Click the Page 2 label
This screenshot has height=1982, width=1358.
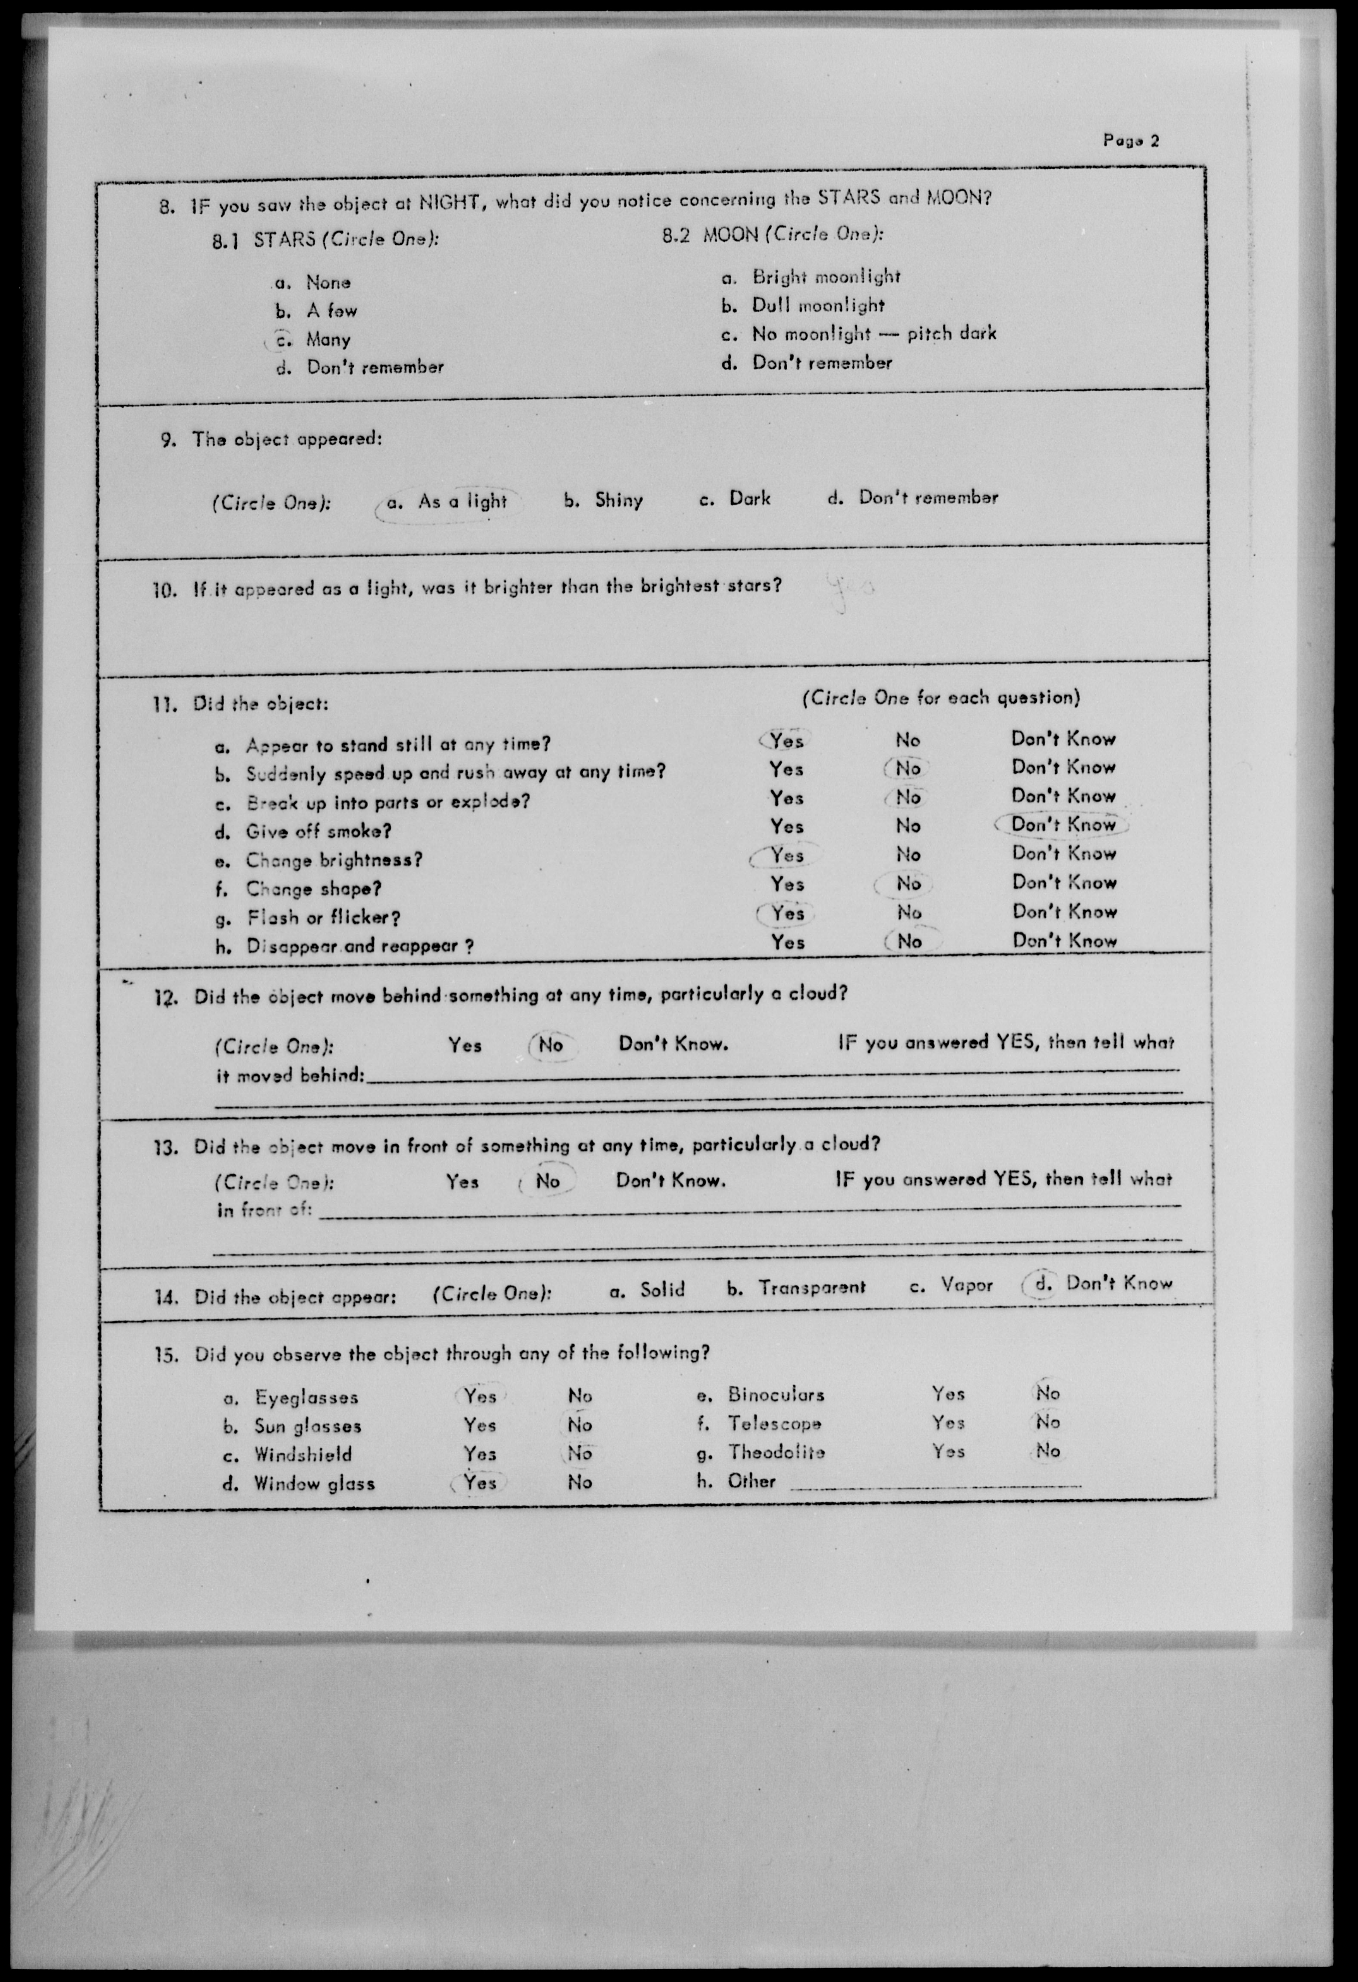pyautogui.click(x=1130, y=141)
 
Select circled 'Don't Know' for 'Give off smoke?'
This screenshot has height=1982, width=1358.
pyautogui.click(x=1062, y=825)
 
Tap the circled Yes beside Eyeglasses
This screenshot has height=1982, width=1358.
pyautogui.click(x=480, y=1396)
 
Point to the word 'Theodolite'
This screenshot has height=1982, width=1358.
pyautogui.click(x=776, y=1452)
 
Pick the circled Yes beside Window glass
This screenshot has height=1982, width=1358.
pyautogui.click(x=480, y=1483)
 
